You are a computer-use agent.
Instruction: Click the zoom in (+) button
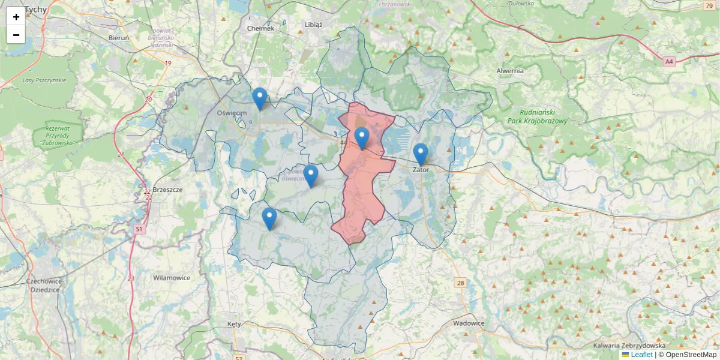16,17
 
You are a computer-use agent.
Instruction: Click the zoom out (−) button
16,35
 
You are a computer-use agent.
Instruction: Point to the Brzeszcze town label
167,190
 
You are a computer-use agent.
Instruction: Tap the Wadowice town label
469,323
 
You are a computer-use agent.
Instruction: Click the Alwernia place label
510,71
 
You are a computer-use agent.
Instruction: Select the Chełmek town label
260,28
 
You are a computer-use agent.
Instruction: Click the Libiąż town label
313,25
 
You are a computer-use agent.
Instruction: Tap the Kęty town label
234,324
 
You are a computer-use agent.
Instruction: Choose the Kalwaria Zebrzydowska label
629,346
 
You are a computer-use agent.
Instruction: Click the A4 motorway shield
669,61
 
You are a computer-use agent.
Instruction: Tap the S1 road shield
139,229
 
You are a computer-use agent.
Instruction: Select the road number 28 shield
460,283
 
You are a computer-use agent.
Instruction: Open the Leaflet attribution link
641,355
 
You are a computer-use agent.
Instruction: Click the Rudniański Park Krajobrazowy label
543,116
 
